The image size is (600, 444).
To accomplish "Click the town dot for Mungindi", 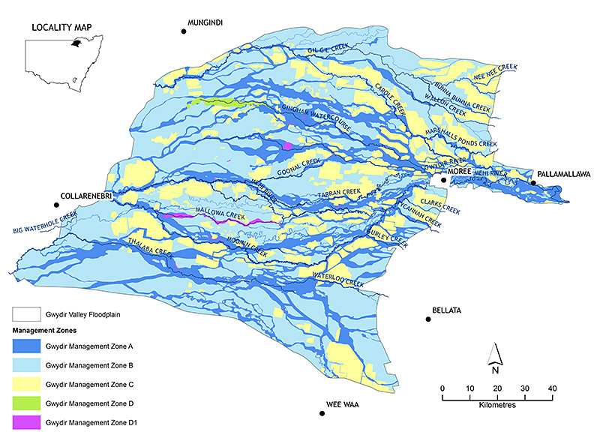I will pyautogui.click(x=183, y=31).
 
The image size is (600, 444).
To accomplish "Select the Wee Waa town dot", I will pyautogui.click(x=322, y=413).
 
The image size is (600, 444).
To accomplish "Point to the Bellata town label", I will pyautogui.click(x=447, y=310).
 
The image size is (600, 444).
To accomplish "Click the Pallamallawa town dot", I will pyautogui.click(x=533, y=182).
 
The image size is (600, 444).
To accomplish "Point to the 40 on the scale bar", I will pyautogui.click(x=552, y=388).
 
